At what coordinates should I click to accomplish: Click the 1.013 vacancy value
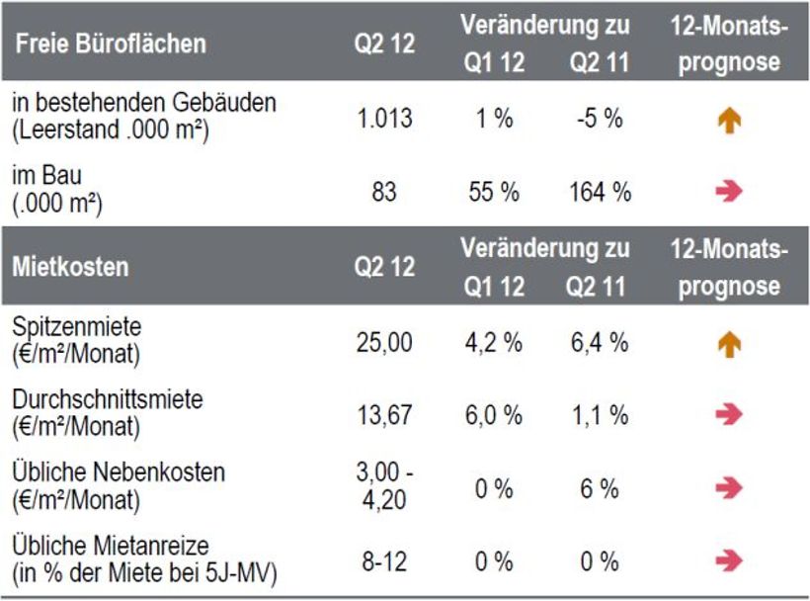click(x=384, y=120)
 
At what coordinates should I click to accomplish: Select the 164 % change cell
click(x=600, y=192)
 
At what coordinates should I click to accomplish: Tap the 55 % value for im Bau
click(x=493, y=192)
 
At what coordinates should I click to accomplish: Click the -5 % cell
click(x=600, y=120)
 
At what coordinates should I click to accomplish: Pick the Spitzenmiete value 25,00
click(x=384, y=343)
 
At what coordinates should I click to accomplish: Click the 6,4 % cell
click(x=600, y=343)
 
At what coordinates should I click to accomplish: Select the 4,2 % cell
click(x=493, y=343)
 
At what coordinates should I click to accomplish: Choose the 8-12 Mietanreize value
click(x=384, y=561)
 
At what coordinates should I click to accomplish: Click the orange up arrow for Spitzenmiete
click(x=729, y=344)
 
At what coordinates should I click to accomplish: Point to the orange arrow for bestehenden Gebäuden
click(x=729, y=121)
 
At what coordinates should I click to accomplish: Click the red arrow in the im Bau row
click(x=729, y=192)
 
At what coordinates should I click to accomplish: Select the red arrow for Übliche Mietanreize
click(x=729, y=561)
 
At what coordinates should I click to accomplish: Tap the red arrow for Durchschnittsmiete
click(x=729, y=415)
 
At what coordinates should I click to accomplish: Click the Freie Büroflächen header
click(x=111, y=44)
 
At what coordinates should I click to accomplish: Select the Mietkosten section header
click(x=70, y=268)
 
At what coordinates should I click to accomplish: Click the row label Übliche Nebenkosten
click(x=119, y=472)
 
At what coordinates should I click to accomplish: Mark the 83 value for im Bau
click(x=384, y=192)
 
